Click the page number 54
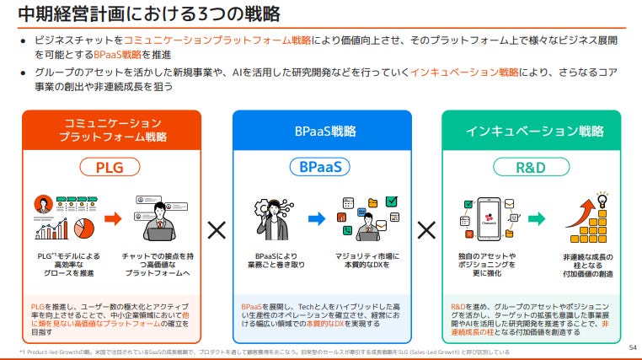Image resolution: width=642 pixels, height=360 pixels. coord(633,346)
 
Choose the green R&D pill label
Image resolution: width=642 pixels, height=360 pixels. coord(531,166)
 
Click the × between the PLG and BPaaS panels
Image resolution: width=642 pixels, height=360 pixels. coord(217,229)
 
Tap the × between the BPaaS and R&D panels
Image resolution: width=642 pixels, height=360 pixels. coord(426,229)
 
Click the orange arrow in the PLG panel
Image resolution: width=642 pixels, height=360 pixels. coord(113,218)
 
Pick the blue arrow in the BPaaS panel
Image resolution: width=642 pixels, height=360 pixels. coord(317,218)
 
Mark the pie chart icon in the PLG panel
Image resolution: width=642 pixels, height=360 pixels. coord(83,228)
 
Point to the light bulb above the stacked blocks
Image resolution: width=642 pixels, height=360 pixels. coord(602,197)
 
